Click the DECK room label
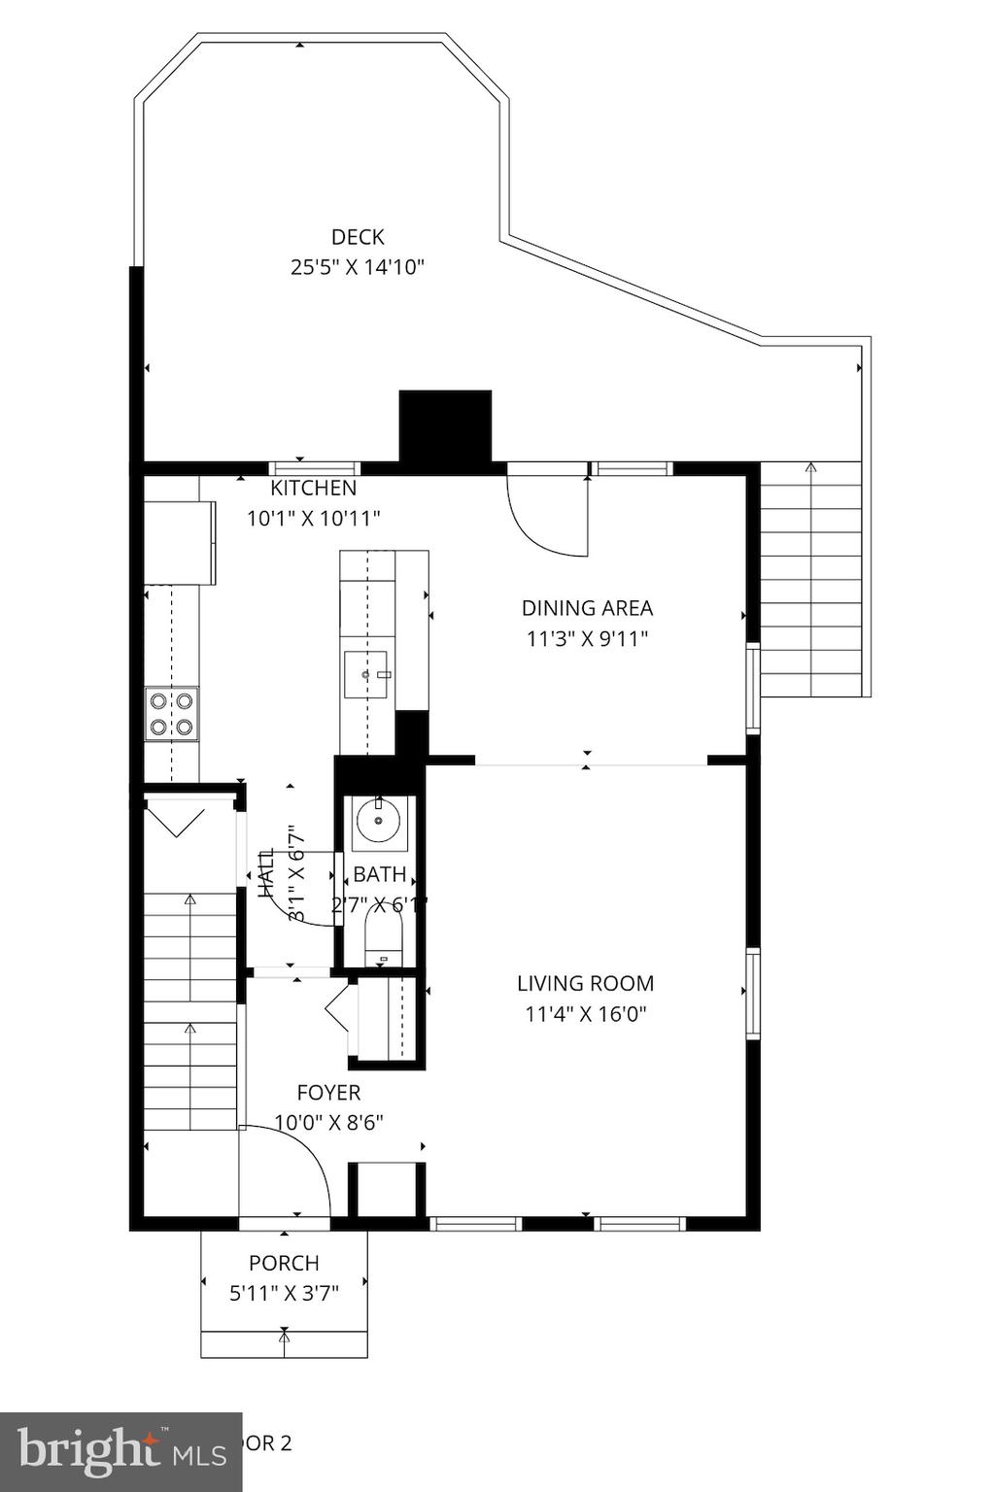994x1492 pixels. click(x=358, y=237)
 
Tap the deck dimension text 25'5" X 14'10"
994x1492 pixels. click(x=358, y=267)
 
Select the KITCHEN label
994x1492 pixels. click(x=313, y=488)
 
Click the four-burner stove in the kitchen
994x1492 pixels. click(x=171, y=714)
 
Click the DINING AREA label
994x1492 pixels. click(x=587, y=608)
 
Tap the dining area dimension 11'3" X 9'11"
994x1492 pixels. click(x=587, y=638)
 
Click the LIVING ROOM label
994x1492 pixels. click(x=585, y=983)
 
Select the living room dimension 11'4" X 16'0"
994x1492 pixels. click(x=585, y=1014)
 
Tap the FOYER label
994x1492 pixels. click(x=328, y=1093)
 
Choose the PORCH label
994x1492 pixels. click(x=284, y=1263)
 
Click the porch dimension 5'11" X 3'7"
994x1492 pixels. click(x=284, y=1293)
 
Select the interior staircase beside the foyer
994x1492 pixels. click(x=190, y=1010)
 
